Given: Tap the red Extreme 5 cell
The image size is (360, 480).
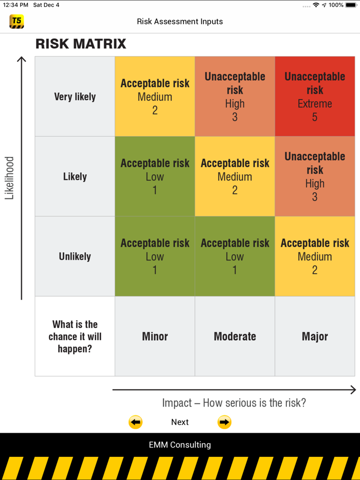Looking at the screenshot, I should click(x=315, y=97).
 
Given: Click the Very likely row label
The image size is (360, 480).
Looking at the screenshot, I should click(x=75, y=97).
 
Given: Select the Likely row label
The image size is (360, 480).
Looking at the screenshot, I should click(x=75, y=176).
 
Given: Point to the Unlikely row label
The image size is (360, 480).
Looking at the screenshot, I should click(x=75, y=256).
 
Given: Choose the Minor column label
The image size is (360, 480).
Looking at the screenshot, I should click(x=155, y=337).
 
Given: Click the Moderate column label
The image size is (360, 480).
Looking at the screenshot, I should click(x=235, y=337).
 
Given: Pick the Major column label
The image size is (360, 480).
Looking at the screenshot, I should click(x=315, y=337).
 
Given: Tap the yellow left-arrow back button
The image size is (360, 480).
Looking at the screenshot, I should click(x=135, y=422).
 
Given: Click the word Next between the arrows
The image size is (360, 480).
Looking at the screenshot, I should click(x=180, y=422).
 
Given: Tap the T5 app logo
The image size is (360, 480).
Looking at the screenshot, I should click(x=16, y=22).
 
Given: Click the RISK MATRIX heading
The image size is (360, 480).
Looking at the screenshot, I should click(x=81, y=44).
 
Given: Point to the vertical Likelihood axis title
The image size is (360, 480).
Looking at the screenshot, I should click(x=9, y=178).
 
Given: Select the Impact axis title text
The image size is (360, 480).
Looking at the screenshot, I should click(x=234, y=403).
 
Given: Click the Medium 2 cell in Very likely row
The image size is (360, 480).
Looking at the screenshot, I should click(x=155, y=97).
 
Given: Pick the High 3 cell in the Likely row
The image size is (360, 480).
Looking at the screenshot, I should click(x=315, y=176).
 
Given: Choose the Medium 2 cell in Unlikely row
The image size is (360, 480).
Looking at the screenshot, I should click(x=315, y=256).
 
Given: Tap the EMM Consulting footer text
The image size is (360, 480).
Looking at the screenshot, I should click(x=180, y=445).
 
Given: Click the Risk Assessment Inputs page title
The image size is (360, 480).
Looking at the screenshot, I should click(x=180, y=22).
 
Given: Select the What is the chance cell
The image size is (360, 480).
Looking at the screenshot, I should click(x=75, y=337).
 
